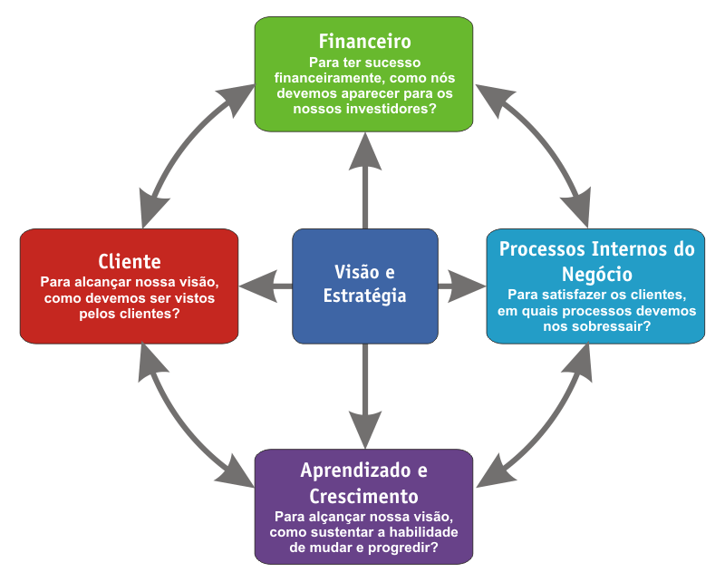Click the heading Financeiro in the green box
click(x=364, y=42)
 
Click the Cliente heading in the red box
click(x=130, y=259)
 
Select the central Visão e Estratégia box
click(x=364, y=285)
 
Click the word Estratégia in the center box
click(x=364, y=296)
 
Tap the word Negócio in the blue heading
click(x=595, y=273)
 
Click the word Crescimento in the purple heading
click(x=364, y=497)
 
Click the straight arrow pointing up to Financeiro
click(x=364, y=181)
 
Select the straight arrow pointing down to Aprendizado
click(x=364, y=390)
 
